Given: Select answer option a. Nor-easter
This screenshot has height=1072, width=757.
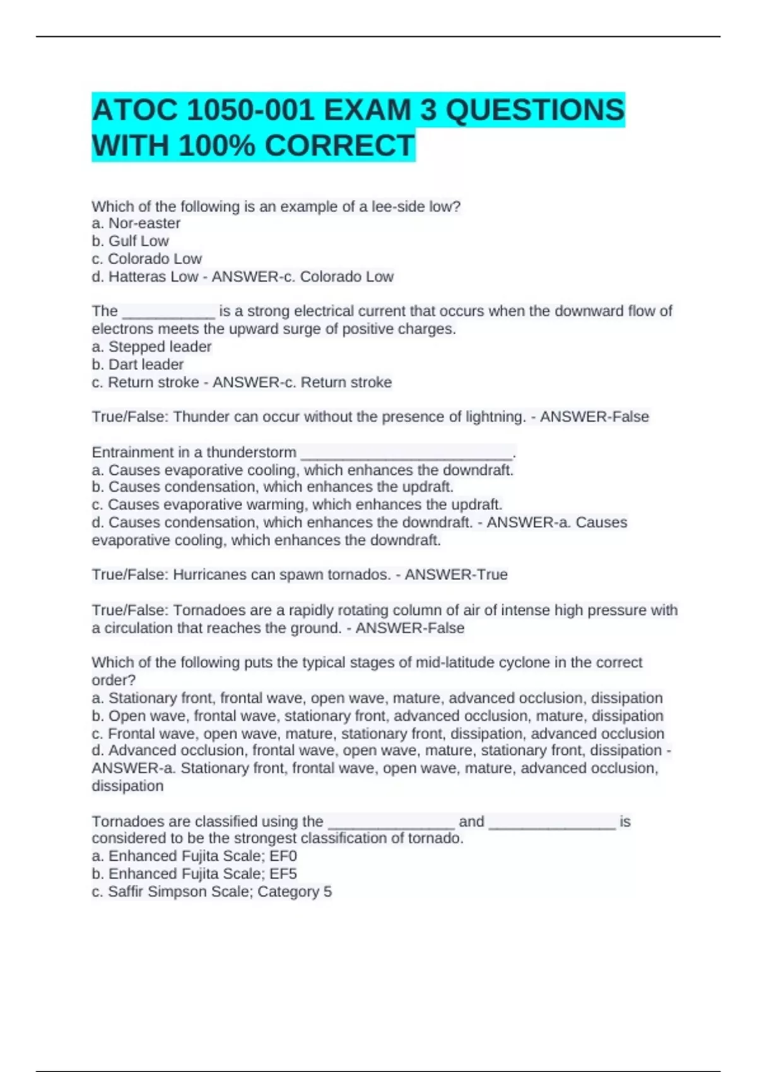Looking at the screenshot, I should click(x=136, y=223).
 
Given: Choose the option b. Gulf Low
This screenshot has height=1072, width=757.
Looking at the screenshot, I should click(x=130, y=241).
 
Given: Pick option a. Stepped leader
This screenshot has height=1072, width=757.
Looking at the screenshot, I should click(x=151, y=347).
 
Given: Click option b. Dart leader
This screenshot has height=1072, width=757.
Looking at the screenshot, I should click(x=138, y=364).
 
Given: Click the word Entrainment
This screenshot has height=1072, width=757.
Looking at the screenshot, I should click(x=131, y=452).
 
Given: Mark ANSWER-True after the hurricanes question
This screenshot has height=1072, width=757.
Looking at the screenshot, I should click(x=456, y=574).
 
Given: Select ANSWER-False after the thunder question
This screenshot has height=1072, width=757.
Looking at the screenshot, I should click(x=594, y=417).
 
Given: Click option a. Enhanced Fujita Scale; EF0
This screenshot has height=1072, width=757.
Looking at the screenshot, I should click(x=194, y=856).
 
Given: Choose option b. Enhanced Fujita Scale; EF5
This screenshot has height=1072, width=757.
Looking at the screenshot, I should click(x=194, y=873).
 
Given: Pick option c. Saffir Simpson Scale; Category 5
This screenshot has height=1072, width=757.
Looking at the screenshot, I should click(x=212, y=891).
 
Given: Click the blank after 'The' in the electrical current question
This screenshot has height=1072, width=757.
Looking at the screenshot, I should click(x=168, y=312).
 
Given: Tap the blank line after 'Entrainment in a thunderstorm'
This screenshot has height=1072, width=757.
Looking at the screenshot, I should click(x=407, y=453).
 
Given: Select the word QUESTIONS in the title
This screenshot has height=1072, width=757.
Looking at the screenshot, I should click(x=535, y=110).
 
